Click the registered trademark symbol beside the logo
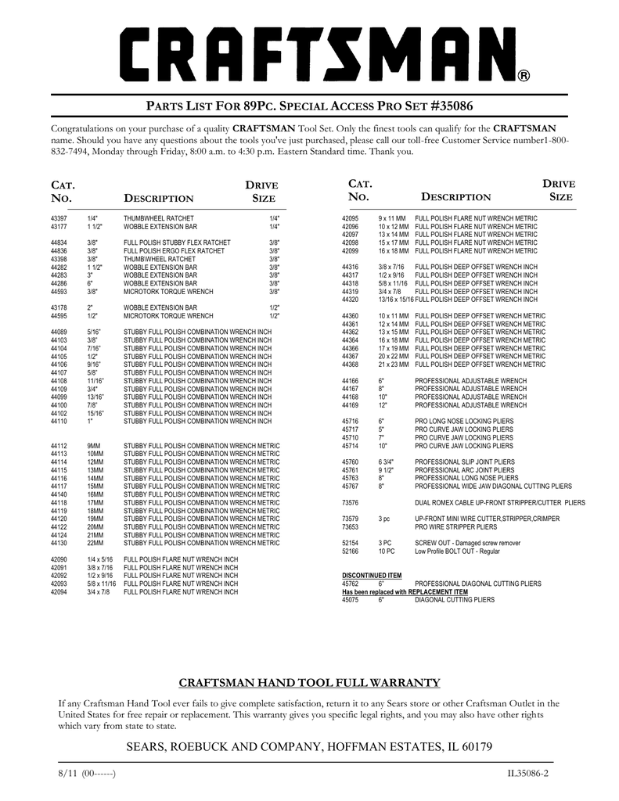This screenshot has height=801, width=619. [524, 76]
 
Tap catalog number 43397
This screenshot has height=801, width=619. [59, 217]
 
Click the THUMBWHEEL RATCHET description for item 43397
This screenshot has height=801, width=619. [159, 217]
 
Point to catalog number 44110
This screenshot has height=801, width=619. [59, 421]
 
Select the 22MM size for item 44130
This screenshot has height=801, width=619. [95, 543]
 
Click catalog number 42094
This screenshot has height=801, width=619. [59, 592]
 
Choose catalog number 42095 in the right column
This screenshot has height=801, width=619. [350, 217]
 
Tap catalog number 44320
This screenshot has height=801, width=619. [350, 300]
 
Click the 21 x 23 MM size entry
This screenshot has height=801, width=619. [393, 365]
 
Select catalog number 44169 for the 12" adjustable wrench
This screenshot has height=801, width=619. [350, 405]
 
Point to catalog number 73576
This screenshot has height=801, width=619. [350, 502]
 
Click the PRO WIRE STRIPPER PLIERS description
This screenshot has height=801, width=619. [456, 526]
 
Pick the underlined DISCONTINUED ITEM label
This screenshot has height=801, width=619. [372, 575]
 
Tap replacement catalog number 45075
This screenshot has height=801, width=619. [350, 600]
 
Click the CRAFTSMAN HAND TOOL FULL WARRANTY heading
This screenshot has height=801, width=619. [310, 683]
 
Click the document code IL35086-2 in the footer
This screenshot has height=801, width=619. [528, 774]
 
